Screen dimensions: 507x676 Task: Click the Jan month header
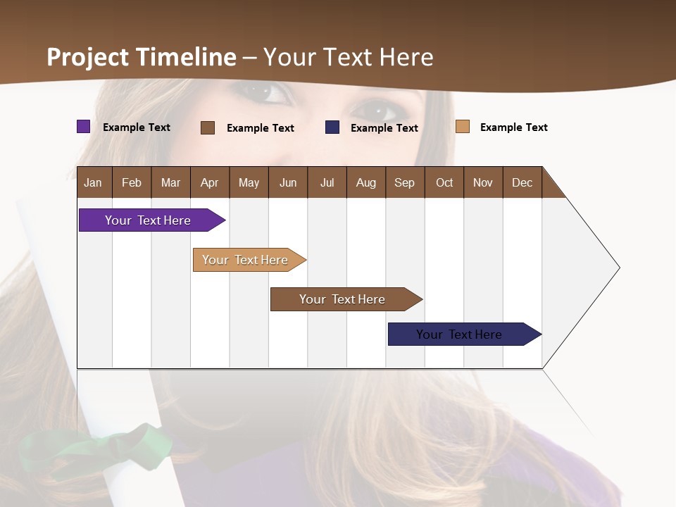point(93,182)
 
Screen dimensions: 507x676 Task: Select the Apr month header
point(209,182)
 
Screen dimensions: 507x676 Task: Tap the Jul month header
point(327,182)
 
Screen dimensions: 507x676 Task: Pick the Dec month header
point(522,182)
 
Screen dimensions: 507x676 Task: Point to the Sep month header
point(404,182)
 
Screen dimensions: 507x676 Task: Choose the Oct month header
point(444,182)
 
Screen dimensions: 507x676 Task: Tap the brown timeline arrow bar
point(343,299)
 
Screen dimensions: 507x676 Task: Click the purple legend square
point(83,127)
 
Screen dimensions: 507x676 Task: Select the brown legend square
point(208,127)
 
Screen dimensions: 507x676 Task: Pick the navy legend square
point(332,127)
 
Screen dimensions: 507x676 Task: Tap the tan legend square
point(462,127)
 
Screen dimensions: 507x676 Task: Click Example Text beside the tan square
point(513,127)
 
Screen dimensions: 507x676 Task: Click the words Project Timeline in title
point(142,57)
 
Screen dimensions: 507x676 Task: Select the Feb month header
point(132,182)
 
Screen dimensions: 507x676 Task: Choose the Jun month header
point(288,182)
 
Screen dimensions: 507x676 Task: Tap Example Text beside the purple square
point(137,127)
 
